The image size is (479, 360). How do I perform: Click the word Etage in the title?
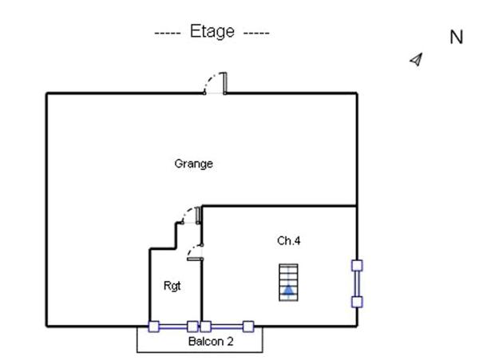point(212,32)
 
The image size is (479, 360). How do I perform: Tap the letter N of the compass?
point(457,38)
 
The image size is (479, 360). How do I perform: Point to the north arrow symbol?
point(416,59)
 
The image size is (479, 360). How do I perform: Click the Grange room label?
point(193,164)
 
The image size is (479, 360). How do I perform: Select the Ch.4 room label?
point(288,240)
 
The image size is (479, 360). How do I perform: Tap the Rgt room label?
point(172,285)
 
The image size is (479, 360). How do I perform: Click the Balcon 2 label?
point(211,342)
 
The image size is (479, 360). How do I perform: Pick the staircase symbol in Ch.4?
point(288,282)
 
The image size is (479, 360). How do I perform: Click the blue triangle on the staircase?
point(288,290)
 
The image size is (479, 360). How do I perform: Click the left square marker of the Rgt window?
point(154,326)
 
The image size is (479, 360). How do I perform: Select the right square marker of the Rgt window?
point(192,326)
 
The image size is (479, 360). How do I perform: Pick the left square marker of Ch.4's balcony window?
point(205,326)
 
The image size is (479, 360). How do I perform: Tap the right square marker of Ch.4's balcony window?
point(248,326)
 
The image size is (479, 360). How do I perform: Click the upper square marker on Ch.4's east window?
point(357,265)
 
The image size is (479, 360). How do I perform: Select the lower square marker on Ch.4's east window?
point(357,302)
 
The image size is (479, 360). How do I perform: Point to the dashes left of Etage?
point(169,33)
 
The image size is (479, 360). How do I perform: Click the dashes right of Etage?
point(255,33)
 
